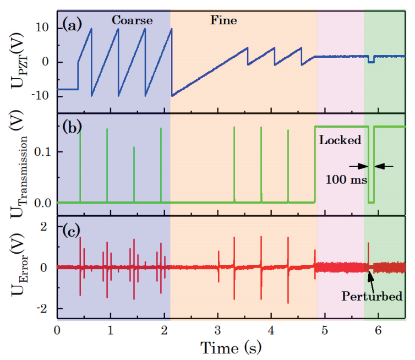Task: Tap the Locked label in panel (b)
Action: tap(340, 140)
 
